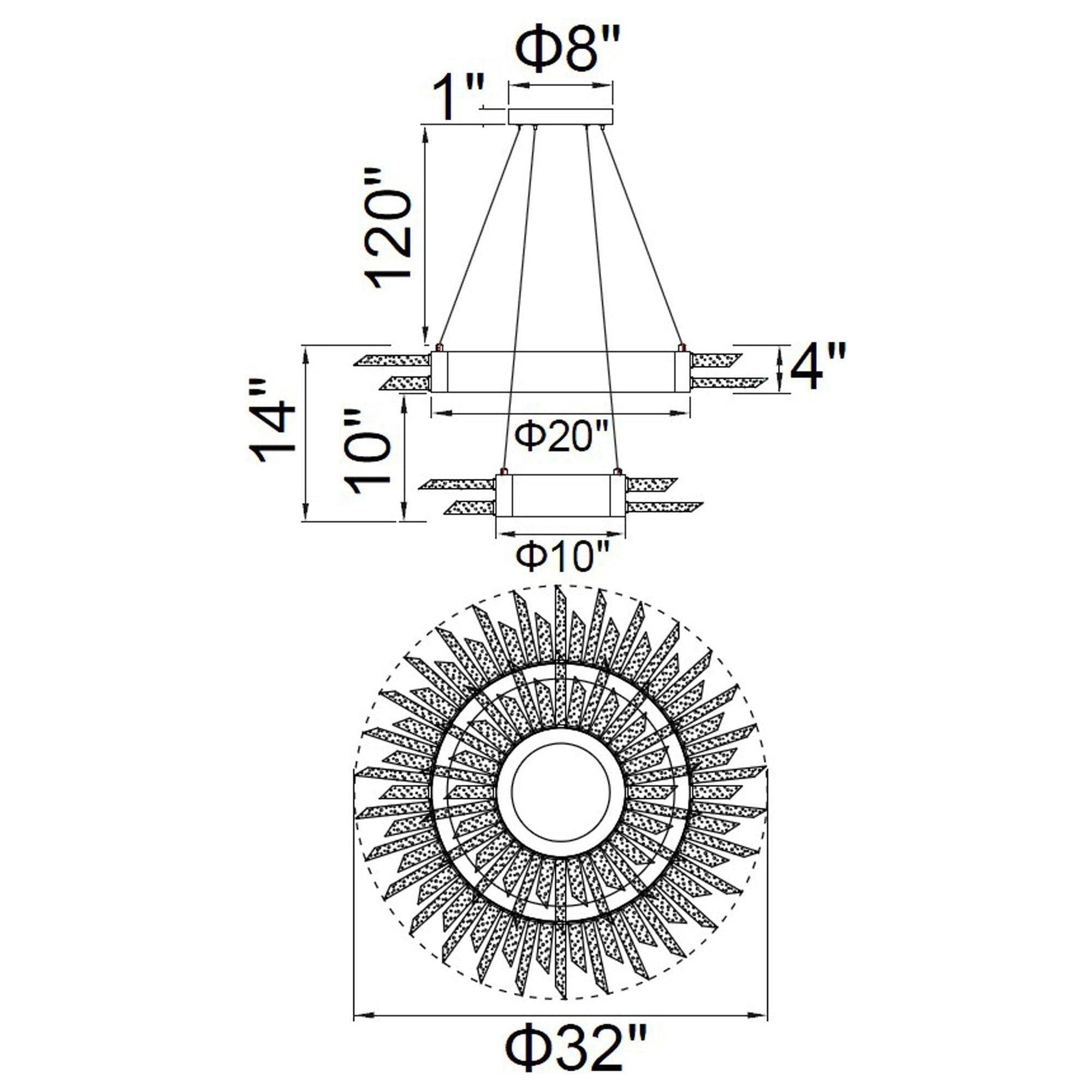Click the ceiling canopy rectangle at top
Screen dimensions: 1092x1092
click(561, 116)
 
